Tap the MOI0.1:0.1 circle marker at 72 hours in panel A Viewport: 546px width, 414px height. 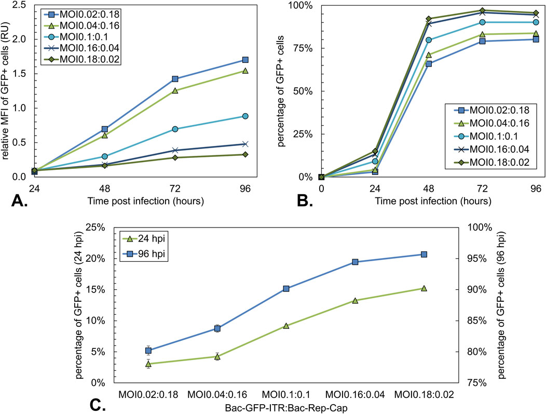(x=175, y=129)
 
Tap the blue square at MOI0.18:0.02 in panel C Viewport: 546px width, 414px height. (x=424, y=254)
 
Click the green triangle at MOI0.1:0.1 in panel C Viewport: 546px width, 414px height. (x=286, y=326)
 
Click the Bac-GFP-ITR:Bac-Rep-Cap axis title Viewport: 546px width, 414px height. (x=286, y=408)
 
